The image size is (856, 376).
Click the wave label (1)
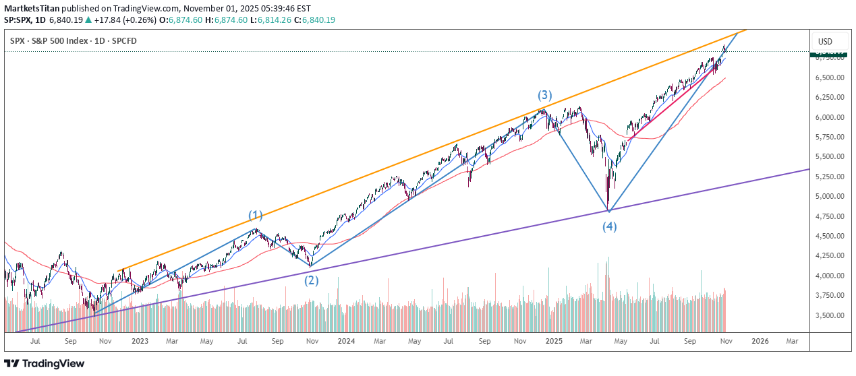255,216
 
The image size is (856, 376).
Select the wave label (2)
311,280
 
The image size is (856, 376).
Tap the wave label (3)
545,95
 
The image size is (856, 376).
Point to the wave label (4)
610,226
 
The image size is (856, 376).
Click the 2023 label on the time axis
140,342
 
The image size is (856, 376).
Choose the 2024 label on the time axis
346,342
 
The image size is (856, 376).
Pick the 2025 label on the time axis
553,342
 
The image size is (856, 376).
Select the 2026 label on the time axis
760,342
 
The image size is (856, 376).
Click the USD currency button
825,42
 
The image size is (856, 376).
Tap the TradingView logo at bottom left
45,364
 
